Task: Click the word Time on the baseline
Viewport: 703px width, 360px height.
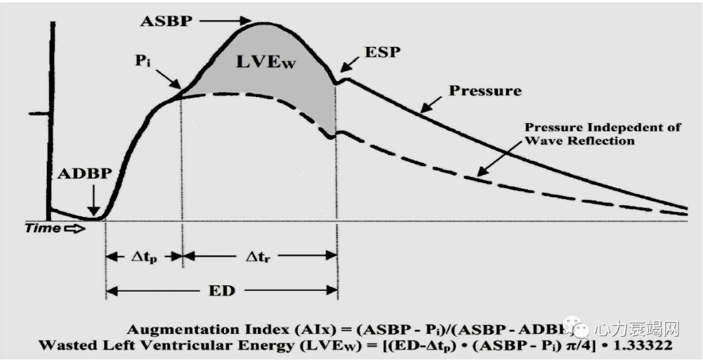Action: point(43,228)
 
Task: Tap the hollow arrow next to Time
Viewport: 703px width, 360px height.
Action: point(75,228)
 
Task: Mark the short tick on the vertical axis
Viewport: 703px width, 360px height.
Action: point(37,114)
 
